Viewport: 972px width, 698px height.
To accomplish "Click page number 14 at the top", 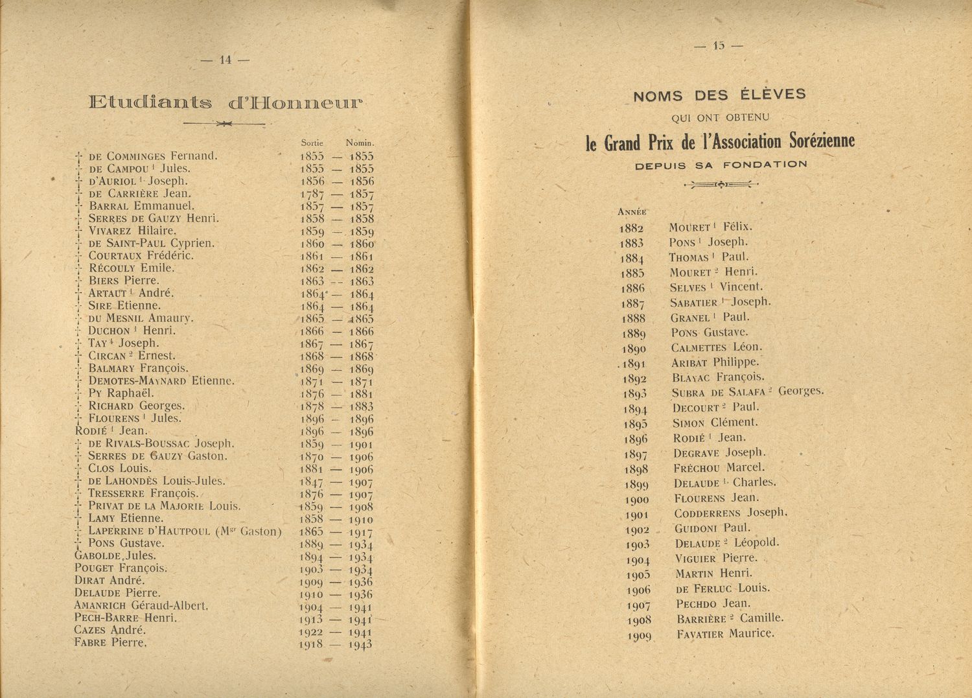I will (x=226, y=60).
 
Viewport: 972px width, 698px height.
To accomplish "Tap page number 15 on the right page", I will (x=718, y=45).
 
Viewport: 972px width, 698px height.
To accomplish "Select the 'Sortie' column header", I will (x=312, y=143).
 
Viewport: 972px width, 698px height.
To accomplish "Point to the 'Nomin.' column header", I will (x=360, y=143).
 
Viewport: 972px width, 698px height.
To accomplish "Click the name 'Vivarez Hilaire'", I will (x=132, y=231).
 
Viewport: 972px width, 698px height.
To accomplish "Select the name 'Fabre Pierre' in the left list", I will (x=111, y=643).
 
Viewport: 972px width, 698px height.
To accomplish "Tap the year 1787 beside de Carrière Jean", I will (x=312, y=194).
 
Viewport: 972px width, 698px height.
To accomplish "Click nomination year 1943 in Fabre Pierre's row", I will (x=360, y=645).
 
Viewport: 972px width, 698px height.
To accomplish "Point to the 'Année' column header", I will (x=632, y=212).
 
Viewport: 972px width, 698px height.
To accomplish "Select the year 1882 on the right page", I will (x=631, y=228).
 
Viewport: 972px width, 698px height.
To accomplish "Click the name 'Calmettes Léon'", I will (x=717, y=347).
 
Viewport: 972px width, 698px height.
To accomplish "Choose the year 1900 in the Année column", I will (x=638, y=500).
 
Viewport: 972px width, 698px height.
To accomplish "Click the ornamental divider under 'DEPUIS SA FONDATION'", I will (x=721, y=185).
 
